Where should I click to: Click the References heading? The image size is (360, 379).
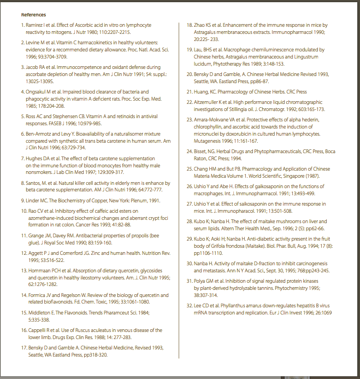[33, 15]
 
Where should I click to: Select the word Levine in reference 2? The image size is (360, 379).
[33, 42]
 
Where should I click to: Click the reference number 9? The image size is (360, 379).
[23, 201]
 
